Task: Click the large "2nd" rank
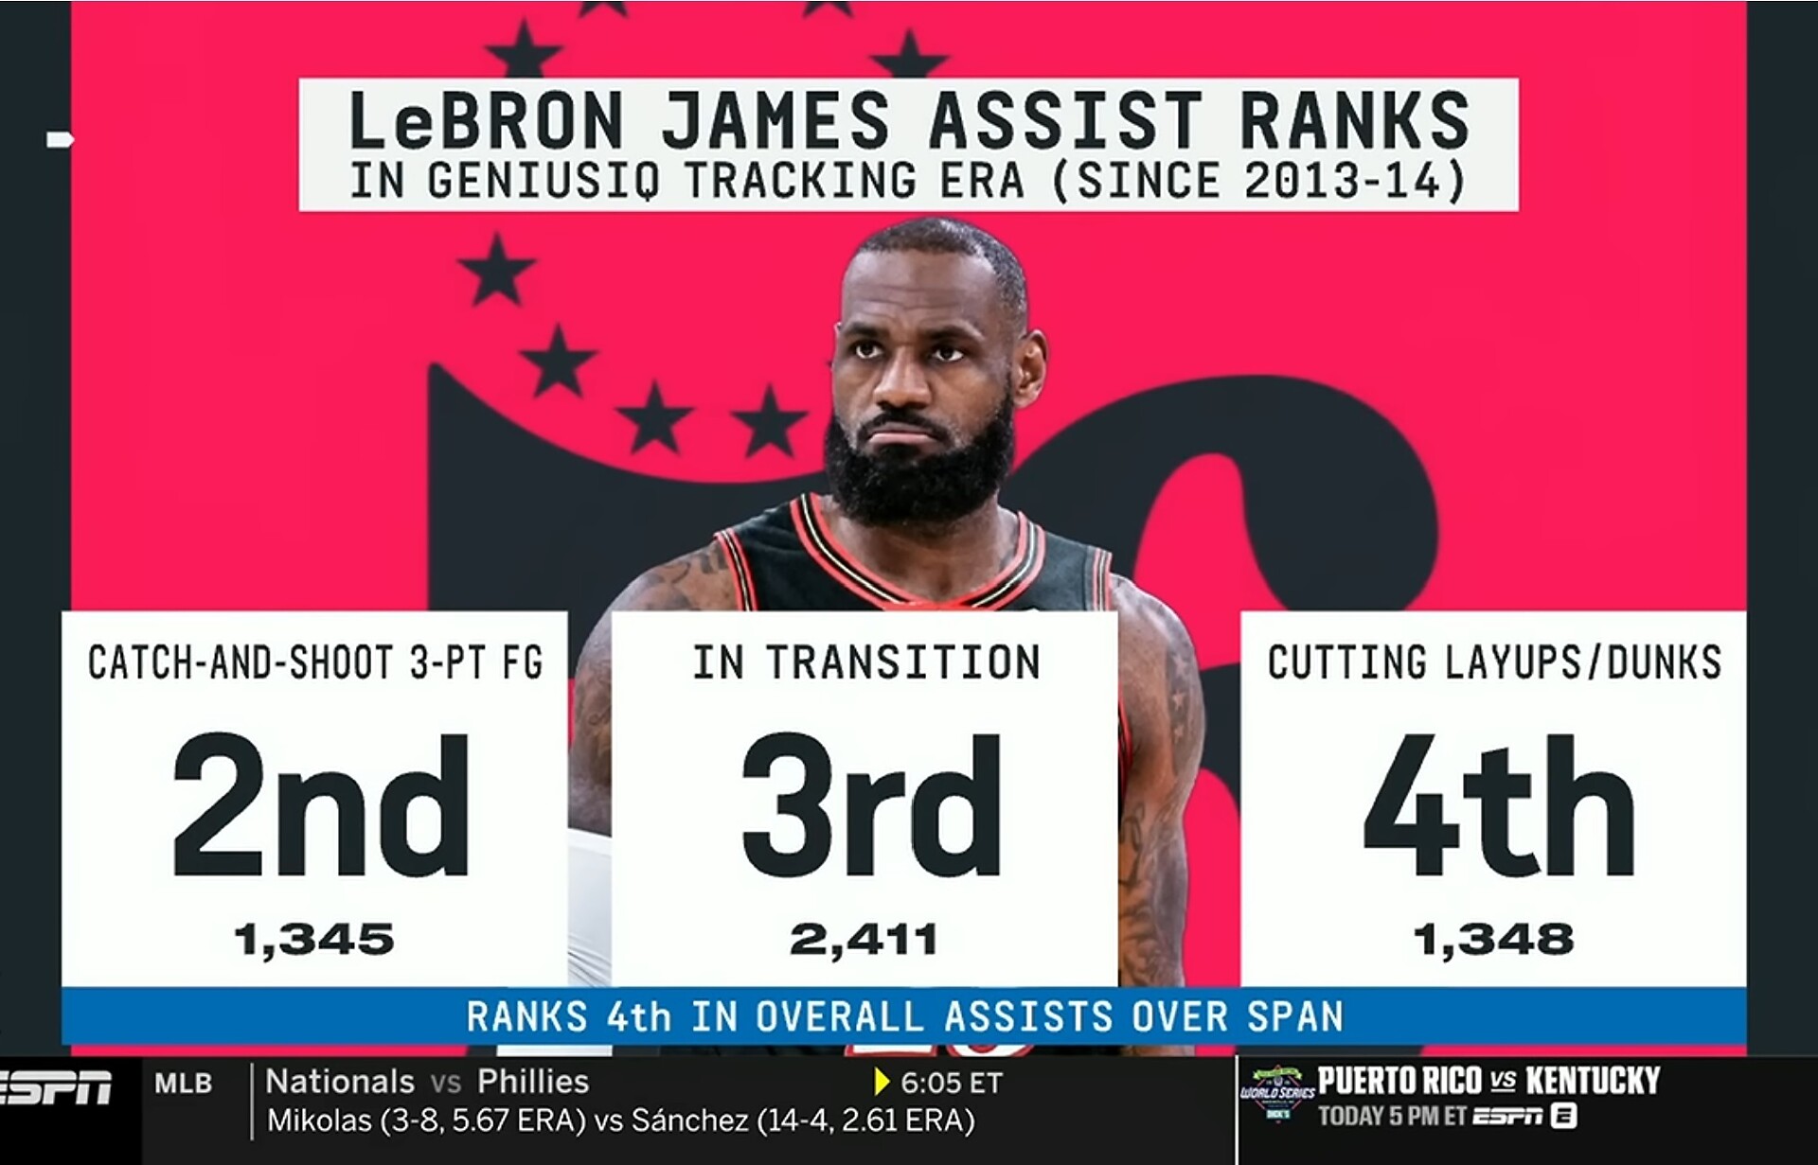point(320,805)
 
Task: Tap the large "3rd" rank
point(871,805)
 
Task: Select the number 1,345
point(314,940)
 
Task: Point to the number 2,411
point(864,940)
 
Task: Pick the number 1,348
point(1493,940)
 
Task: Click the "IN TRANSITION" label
point(866,662)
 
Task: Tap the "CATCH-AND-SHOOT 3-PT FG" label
point(315,662)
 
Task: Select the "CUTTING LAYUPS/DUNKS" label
point(1494,662)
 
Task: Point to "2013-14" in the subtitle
point(1344,181)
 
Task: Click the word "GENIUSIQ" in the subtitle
point(544,181)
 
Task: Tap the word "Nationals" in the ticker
point(340,1082)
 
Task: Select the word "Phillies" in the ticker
point(533,1082)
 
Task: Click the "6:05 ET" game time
point(952,1083)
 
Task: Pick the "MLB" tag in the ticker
point(183,1084)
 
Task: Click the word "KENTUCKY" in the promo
point(1594,1081)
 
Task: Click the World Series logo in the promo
point(1277,1094)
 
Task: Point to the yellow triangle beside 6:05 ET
point(882,1082)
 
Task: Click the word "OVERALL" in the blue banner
point(839,1016)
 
